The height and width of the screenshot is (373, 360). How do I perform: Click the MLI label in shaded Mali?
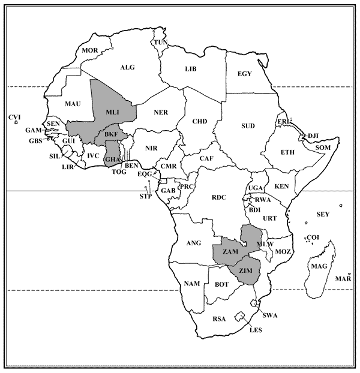(x=112, y=112)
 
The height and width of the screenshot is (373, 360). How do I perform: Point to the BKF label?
(x=111, y=136)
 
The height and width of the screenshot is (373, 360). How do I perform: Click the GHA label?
(x=112, y=160)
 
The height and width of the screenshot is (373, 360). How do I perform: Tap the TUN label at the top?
(x=161, y=42)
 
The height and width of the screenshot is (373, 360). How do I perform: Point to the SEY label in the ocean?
(x=323, y=214)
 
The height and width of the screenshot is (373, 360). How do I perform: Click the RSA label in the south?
(x=220, y=319)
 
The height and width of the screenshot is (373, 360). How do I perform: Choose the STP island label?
(x=145, y=196)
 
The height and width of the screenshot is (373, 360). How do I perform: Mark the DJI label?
(x=314, y=136)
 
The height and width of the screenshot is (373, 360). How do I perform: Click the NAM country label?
(x=191, y=282)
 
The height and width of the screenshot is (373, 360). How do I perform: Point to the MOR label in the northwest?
(x=89, y=50)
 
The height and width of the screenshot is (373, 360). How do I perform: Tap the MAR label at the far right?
(x=343, y=279)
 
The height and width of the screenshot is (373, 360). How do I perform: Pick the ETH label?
(x=287, y=152)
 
